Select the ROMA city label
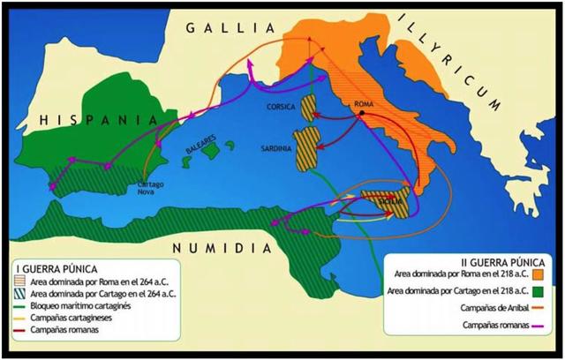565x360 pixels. click(x=365, y=105)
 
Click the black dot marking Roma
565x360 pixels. click(x=360, y=115)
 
